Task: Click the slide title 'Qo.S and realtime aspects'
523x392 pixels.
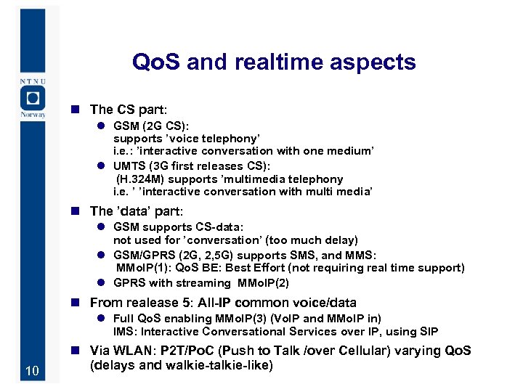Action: point(274,62)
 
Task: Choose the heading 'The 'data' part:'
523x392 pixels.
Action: point(136,211)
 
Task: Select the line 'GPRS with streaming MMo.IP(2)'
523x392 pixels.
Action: point(201,283)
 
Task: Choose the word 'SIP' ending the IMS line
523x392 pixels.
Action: point(429,332)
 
